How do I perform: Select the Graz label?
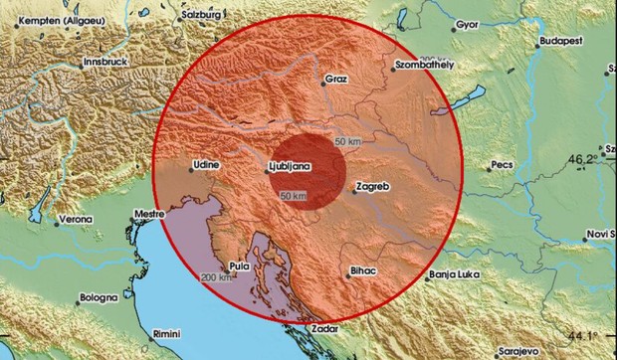(x=334, y=79)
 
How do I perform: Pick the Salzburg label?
(x=205, y=17)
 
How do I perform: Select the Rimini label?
(x=164, y=333)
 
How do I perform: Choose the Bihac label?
(x=363, y=270)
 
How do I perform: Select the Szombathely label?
(x=424, y=65)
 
